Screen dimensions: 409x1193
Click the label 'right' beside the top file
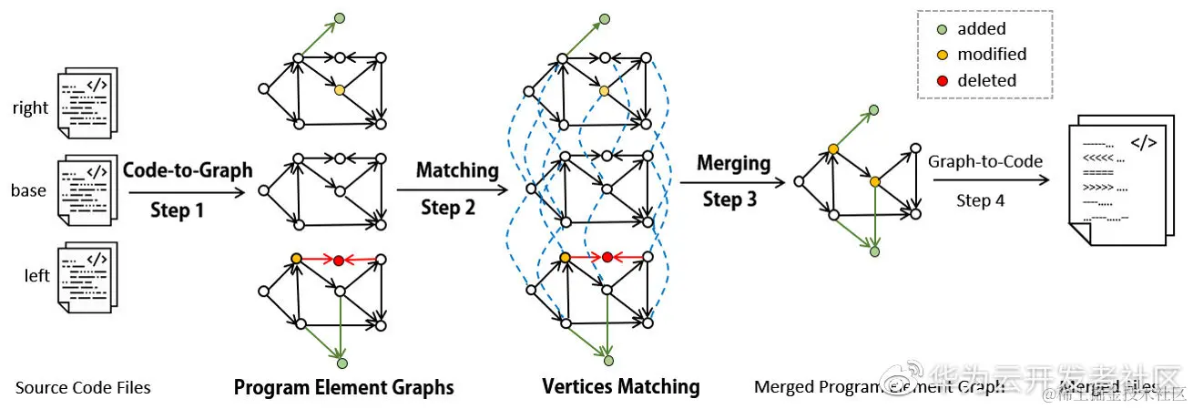(x=30, y=108)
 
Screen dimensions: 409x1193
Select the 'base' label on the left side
(x=29, y=190)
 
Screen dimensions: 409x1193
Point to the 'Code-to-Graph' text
(x=187, y=170)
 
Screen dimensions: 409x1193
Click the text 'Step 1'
(x=178, y=210)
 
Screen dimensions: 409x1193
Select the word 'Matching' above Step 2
(x=457, y=170)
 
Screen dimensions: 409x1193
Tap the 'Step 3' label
(x=729, y=199)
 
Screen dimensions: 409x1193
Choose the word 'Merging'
(x=733, y=164)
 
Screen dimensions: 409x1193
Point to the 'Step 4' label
(x=980, y=200)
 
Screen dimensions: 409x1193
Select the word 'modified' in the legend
(x=992, y=55)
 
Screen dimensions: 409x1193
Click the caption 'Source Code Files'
(x=83, y=388)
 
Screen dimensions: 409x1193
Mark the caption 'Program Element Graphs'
(x=343, y=388)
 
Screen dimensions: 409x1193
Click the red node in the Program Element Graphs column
(x=339, y=261)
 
